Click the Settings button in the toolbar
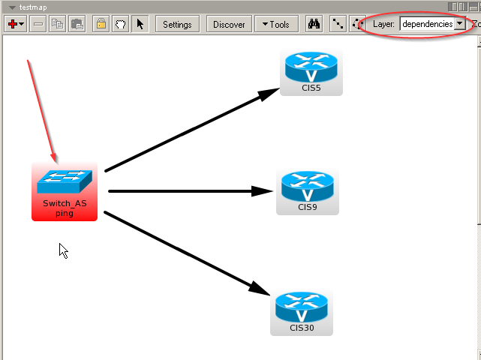coord(177,24)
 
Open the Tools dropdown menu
coord(276,24)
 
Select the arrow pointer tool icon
coord(140,24)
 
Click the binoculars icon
coord(314,24)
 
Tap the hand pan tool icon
coord(121,24)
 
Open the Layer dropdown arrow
coord(459,24)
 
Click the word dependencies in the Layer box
coord(427,24)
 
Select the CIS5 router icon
coord(311,69)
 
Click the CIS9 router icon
coord(307,187)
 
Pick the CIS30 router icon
coord(302,307)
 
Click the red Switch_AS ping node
coord(65,191)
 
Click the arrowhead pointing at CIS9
coord(263,191)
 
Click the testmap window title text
coord(33,7)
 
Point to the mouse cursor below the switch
coord(63,250)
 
